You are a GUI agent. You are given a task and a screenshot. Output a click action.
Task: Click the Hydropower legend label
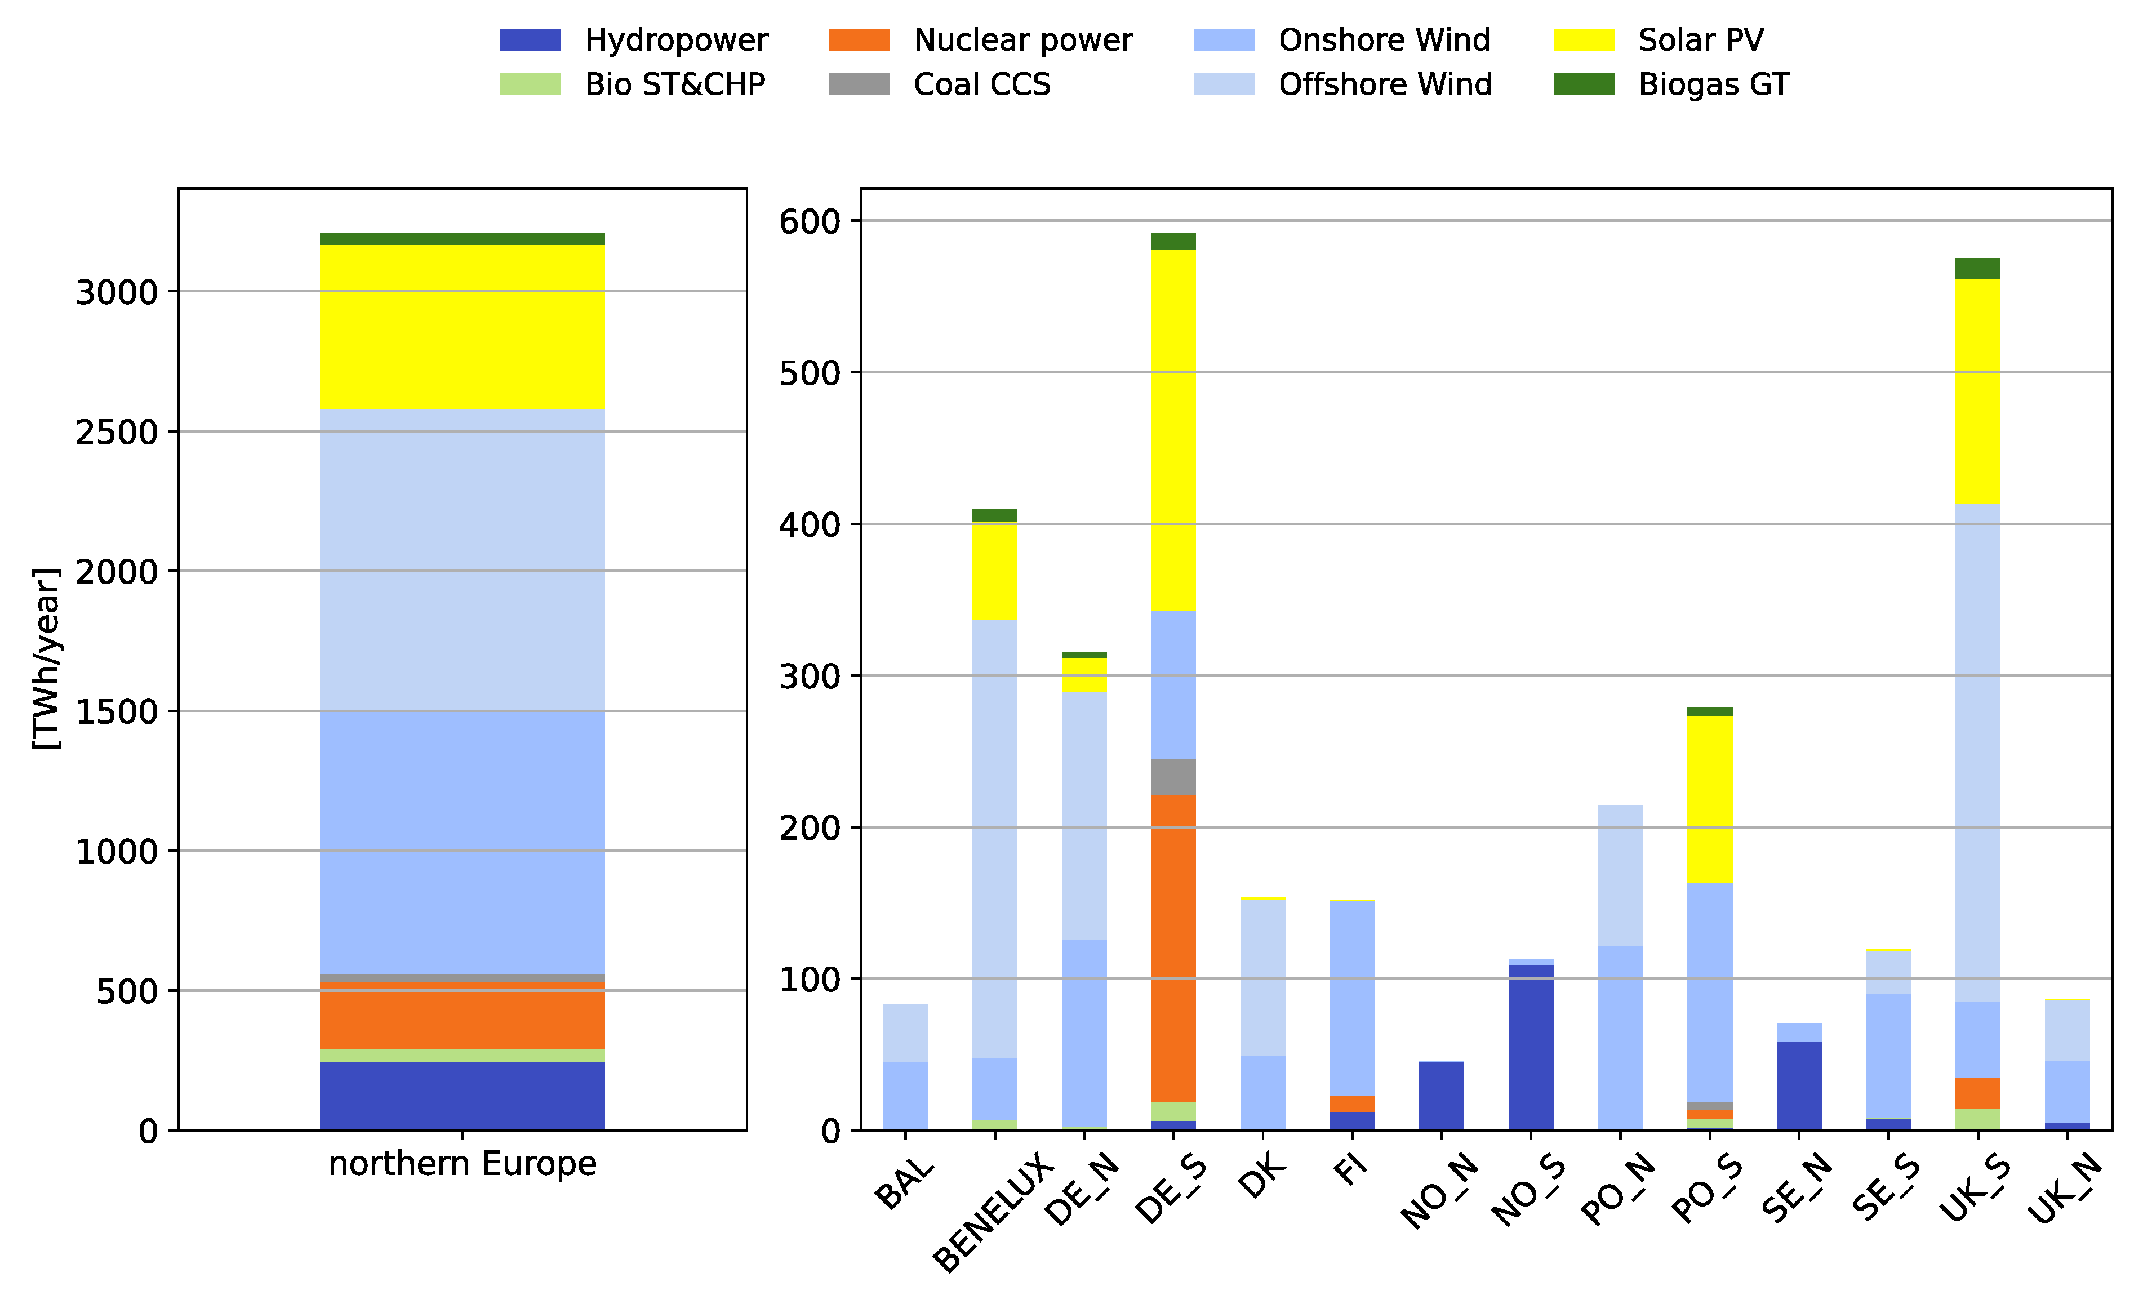click(x=676, y=40)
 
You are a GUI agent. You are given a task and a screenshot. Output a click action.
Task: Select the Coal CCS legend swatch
click(x=859, y=84)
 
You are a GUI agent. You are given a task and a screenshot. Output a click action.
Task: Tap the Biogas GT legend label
click(x=1713, y=84)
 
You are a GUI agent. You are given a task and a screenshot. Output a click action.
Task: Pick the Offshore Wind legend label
click(x=1385, y=84)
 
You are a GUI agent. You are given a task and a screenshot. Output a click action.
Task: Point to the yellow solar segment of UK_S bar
click(x=1977, y=391)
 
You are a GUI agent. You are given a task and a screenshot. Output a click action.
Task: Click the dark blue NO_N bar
click(x=1440, y=1095)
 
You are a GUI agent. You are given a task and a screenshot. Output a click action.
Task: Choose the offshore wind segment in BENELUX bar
click(x=994, y=839)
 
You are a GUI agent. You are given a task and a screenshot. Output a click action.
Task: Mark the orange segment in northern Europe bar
click(x=462, y=1016)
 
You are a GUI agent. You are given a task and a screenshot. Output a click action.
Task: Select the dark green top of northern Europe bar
click(x=462, y=239)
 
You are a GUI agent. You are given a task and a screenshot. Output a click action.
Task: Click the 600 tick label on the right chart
click(x=809, y=222)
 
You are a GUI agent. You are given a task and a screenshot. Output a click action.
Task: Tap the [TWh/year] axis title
click(x=46, y=658)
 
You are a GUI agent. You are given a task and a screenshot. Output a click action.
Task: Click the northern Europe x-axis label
click(x=462, y=1164)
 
